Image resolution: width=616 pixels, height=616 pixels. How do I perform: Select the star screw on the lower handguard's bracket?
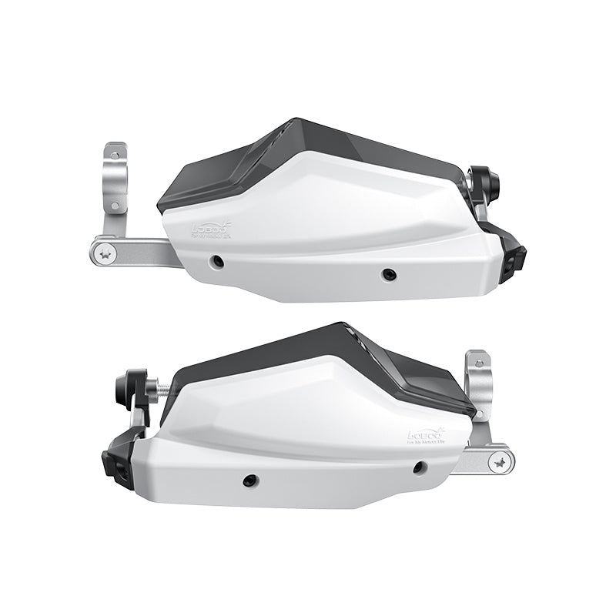(x=501, y=463)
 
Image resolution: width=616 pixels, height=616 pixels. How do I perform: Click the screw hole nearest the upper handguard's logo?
(x=219, y=262)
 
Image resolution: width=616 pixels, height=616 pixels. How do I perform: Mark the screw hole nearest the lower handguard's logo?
(x=418, y=467)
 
